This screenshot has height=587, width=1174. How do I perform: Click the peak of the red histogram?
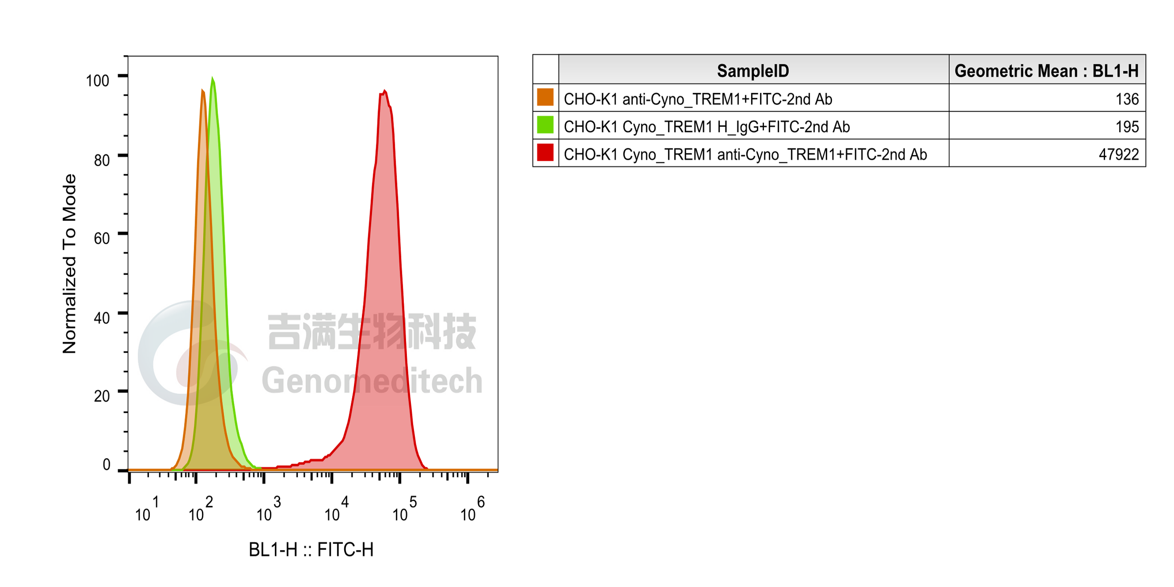(x=385, y=91)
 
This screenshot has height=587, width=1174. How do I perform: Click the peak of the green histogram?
(x=213, y=78)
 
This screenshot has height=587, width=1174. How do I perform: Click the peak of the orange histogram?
(x=202, y=90)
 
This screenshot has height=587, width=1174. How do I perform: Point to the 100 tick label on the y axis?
(x=97, y=80)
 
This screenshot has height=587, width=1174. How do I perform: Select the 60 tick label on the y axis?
(x=102, y=238)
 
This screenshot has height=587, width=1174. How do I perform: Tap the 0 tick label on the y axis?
(x=107, y=464)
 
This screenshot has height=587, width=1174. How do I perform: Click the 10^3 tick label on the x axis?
(x=269, y=509)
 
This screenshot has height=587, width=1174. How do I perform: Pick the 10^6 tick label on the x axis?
(x=473, y=509)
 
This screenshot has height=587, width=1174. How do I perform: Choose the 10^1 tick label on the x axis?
(x=147, y=509)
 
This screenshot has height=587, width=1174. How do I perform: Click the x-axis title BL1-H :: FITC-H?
(x=311, y=550)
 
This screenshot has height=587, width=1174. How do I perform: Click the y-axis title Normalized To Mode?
(x=69, y=264)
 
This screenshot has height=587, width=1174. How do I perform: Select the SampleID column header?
(x=753, y=71)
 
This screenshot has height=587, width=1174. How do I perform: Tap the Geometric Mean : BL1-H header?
(x=1046, y=71)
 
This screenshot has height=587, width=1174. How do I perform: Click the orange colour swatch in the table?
(x=545, y=97)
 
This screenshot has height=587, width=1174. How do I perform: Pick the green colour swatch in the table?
(x=545, y=125)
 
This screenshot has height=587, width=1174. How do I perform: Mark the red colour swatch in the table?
(x=545, y=152)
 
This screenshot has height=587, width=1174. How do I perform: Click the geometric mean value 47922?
(x=1119, y=154)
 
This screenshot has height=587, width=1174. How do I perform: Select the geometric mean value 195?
(x=1127, y=127)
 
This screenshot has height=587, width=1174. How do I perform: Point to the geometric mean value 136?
(x=1127, y=99)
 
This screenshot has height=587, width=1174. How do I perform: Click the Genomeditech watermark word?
(x=372, y=381)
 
